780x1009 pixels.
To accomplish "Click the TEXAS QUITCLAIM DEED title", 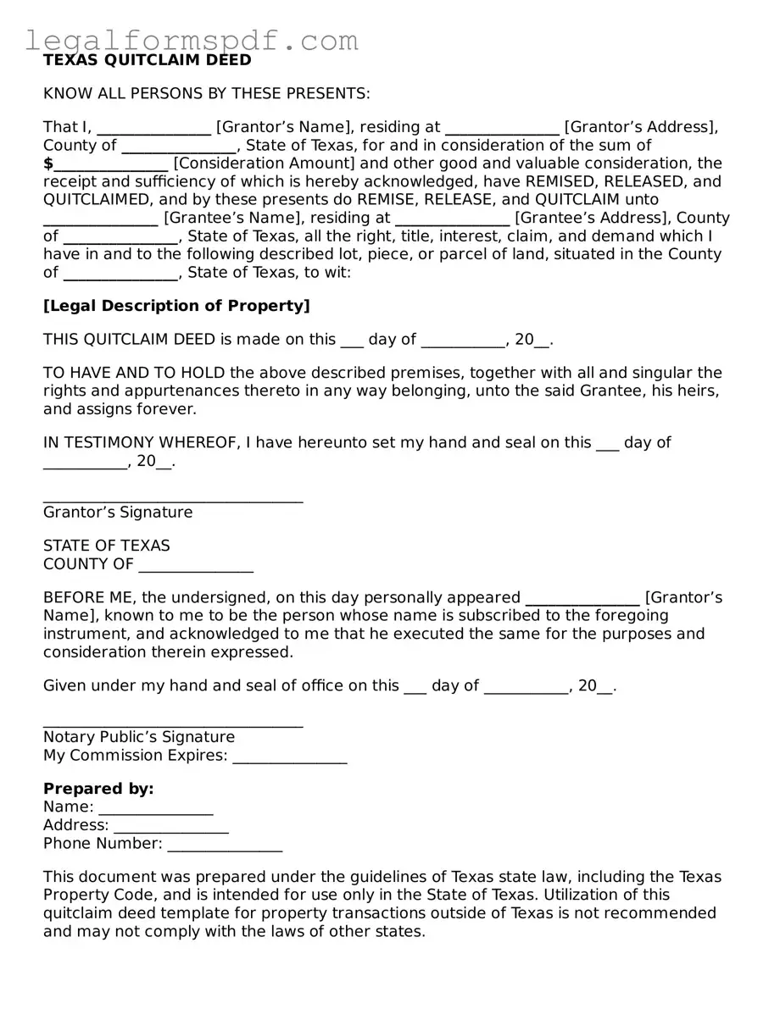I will (x=148, y=60).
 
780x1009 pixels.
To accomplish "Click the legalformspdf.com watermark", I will (x=192, y=40).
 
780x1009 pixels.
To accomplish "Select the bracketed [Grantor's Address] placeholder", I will (x=641, y=127).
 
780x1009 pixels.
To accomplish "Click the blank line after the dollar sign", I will (x=112, y=164).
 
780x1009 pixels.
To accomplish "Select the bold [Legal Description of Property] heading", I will (x=176, y=306).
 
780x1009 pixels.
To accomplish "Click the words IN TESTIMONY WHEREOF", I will (x=142, y=442).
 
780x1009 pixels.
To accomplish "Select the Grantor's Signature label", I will (x=118, y=513).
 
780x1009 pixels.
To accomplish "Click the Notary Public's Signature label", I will (x=139, y=737).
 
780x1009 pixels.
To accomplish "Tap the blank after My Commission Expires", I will (x=290, y=757).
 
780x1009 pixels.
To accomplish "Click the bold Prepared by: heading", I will (x=98, y=789).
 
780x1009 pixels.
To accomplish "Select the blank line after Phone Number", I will (x=225, y=845).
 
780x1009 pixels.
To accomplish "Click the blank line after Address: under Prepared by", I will (x=171, y=826).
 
